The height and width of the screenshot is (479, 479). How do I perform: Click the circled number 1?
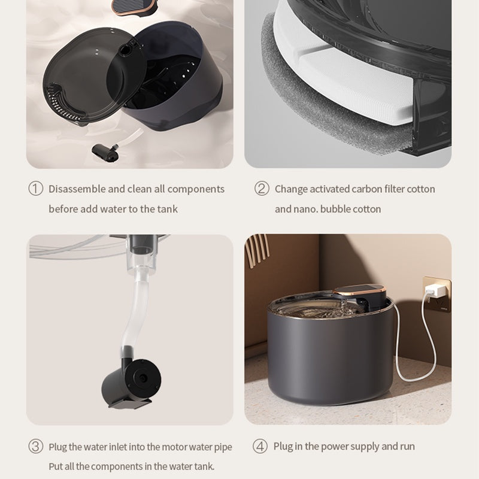pyautogui.click(x=36, y=189)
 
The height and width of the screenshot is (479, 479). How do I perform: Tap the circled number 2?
pyautogui.click(x=262, y=189)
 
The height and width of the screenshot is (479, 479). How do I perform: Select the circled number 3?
pyautogui.click(x=36, y=447)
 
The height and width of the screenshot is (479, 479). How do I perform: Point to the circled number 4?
pyautogui.click(x=260, y=447)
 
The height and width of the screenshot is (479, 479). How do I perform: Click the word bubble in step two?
pyautogui.click(x=336, y=209)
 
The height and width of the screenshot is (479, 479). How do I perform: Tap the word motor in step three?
pyautogui.click(x=163, y=447)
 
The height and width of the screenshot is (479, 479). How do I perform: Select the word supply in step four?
pyautogui.click(x=362, y=447)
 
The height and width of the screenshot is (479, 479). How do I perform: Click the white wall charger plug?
pyautogui.click(x=433, y=290)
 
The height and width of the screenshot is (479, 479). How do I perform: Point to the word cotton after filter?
pyautogui.click(x=421, y=189)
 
